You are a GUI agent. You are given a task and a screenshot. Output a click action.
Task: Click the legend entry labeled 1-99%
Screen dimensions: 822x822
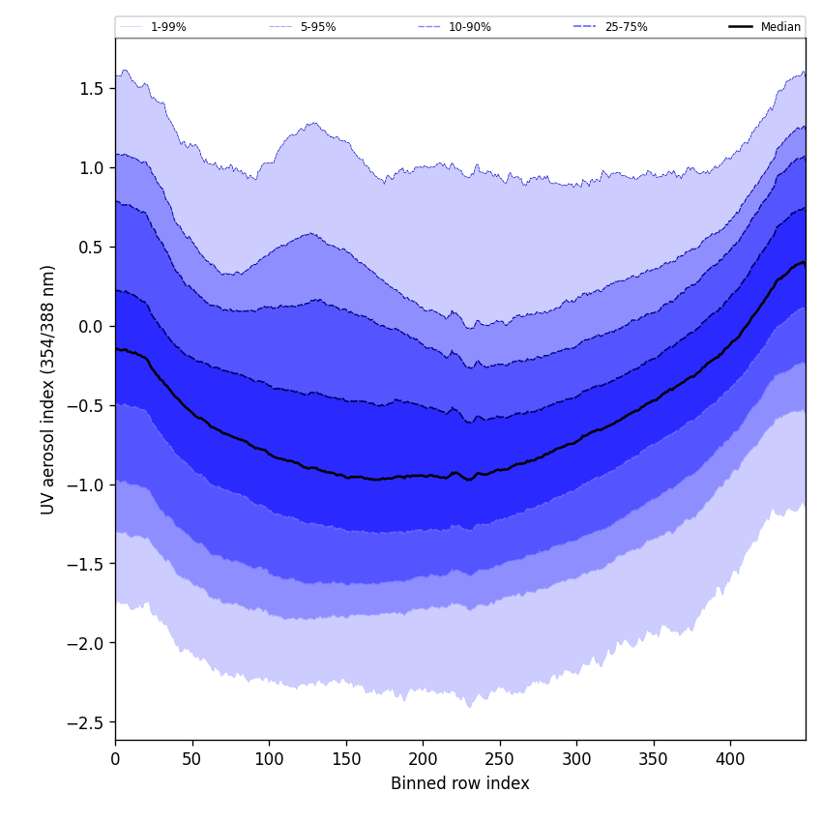[168, 27]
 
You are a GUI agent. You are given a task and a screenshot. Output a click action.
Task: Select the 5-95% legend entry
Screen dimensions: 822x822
[317, 27]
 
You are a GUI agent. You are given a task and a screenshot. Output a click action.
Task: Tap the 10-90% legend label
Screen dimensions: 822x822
[469, 27]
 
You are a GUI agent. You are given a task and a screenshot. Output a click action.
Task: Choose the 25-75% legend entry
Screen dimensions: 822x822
[626, 27]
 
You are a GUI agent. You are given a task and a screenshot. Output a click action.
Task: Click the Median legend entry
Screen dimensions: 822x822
[780, 27]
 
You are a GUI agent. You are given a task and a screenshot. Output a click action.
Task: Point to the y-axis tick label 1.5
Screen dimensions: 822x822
[93, 89]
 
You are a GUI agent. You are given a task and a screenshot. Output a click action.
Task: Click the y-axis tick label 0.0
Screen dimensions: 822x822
[93, 327]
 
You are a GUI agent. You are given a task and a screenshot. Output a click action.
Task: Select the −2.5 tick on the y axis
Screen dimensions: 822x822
[87, 722]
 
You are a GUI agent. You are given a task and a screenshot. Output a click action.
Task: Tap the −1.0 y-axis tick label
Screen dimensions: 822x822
[87, 484]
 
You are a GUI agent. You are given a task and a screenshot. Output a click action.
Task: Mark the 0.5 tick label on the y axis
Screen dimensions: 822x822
[93, 248]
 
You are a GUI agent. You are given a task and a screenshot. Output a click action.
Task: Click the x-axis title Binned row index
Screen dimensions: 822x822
[459, 783]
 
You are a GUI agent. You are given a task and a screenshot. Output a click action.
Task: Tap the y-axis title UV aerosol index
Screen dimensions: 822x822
[48, 389]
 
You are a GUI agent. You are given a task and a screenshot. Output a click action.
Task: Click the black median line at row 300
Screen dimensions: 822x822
[576, 442]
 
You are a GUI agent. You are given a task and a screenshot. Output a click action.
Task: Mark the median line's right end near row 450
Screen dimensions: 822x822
[804, 263]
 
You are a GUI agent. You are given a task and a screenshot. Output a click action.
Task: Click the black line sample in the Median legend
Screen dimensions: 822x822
[741, 27]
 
